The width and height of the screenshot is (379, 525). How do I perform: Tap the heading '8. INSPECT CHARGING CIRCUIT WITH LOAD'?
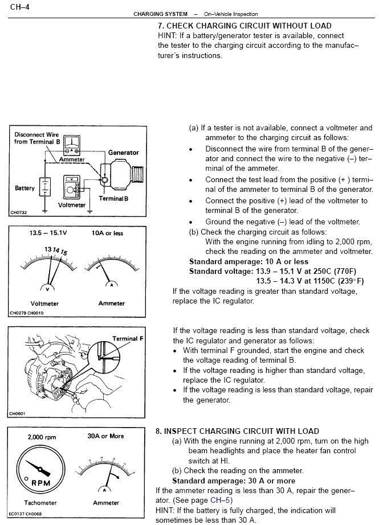237,431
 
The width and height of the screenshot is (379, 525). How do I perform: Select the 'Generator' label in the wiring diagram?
124,153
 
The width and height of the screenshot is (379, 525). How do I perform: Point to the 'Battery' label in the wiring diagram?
25,188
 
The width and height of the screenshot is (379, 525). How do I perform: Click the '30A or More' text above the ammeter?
105,437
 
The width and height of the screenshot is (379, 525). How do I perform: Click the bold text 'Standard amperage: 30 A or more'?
234,480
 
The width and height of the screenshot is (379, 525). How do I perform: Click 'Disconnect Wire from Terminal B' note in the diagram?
36,138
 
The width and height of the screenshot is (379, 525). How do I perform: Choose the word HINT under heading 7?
167,36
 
